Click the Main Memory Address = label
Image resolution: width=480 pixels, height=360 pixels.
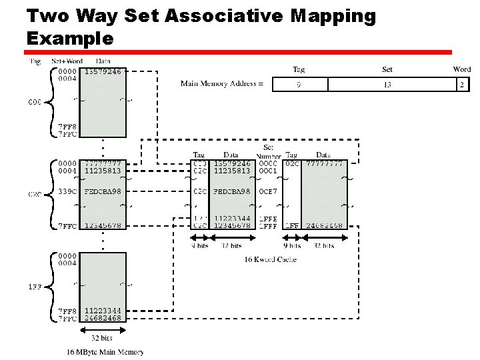[221, 83]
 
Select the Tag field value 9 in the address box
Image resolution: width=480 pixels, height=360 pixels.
[298, 85]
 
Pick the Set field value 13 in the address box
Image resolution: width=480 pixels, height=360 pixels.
[387, 85]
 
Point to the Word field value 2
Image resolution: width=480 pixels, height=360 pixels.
[461, 85]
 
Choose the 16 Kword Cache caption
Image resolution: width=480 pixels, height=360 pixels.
[270, 259]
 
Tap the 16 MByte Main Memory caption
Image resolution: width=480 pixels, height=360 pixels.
[105, 351]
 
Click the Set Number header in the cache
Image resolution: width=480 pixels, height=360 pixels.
[268, 151]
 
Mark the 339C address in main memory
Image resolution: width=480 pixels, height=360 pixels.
[67, 191]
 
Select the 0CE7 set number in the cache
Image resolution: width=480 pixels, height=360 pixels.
[268, 191]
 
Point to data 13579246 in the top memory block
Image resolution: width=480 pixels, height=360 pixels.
[103, 71]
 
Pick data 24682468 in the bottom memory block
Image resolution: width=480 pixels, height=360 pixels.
[103, 318]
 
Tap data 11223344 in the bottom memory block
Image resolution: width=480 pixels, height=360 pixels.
[103, 311]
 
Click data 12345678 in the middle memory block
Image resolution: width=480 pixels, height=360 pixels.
[103, 225]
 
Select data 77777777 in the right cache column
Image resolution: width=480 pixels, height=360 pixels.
[324, 163]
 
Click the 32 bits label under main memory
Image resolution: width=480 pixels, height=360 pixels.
[103, 338]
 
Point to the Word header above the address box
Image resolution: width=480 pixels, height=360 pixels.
[461, 69]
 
